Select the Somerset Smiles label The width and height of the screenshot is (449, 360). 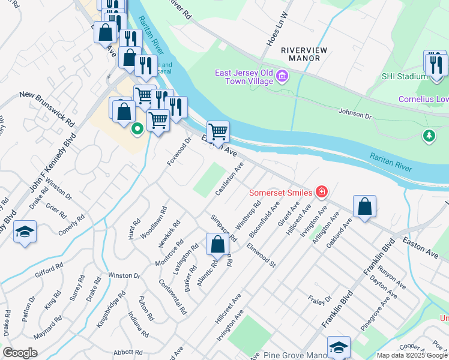click(x=281, y=193)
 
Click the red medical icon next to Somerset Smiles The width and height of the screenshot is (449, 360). click(x=322, y=192)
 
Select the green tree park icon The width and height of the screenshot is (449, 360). click(x=429, y=136)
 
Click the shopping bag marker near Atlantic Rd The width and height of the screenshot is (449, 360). click(x=217, y=244)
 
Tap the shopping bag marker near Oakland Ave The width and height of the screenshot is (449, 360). click(x=364, y=206)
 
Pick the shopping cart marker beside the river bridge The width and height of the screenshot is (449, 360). click(x=218, y=131)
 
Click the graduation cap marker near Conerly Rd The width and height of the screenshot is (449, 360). click(x=25, y=232)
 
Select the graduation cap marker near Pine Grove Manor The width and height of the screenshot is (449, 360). click(x=339, y=347)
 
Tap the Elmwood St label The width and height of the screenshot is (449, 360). click(x=261, y=255)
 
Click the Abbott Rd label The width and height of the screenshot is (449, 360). click(x=127, y=352)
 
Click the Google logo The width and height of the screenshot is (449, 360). click(x=20, y=353)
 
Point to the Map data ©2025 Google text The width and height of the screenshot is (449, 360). click(x=412, y=355)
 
